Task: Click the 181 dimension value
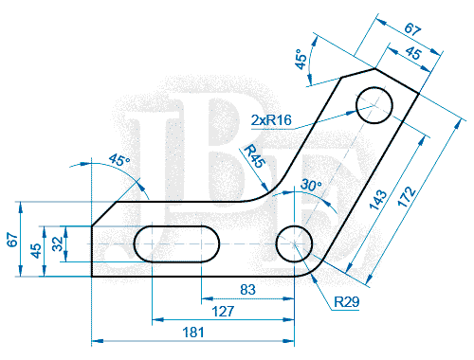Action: pos(193,333)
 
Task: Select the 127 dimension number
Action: pos(223,312)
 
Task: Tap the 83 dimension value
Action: pos(247,290)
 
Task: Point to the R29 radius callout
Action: pos(347,302)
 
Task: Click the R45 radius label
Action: pos(255,155)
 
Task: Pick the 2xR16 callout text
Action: pos(271,120)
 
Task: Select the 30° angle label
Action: pos(311,185)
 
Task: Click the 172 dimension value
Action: pos(407,196)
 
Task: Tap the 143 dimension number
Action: pos(378,200)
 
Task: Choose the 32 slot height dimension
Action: pos(58,243)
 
